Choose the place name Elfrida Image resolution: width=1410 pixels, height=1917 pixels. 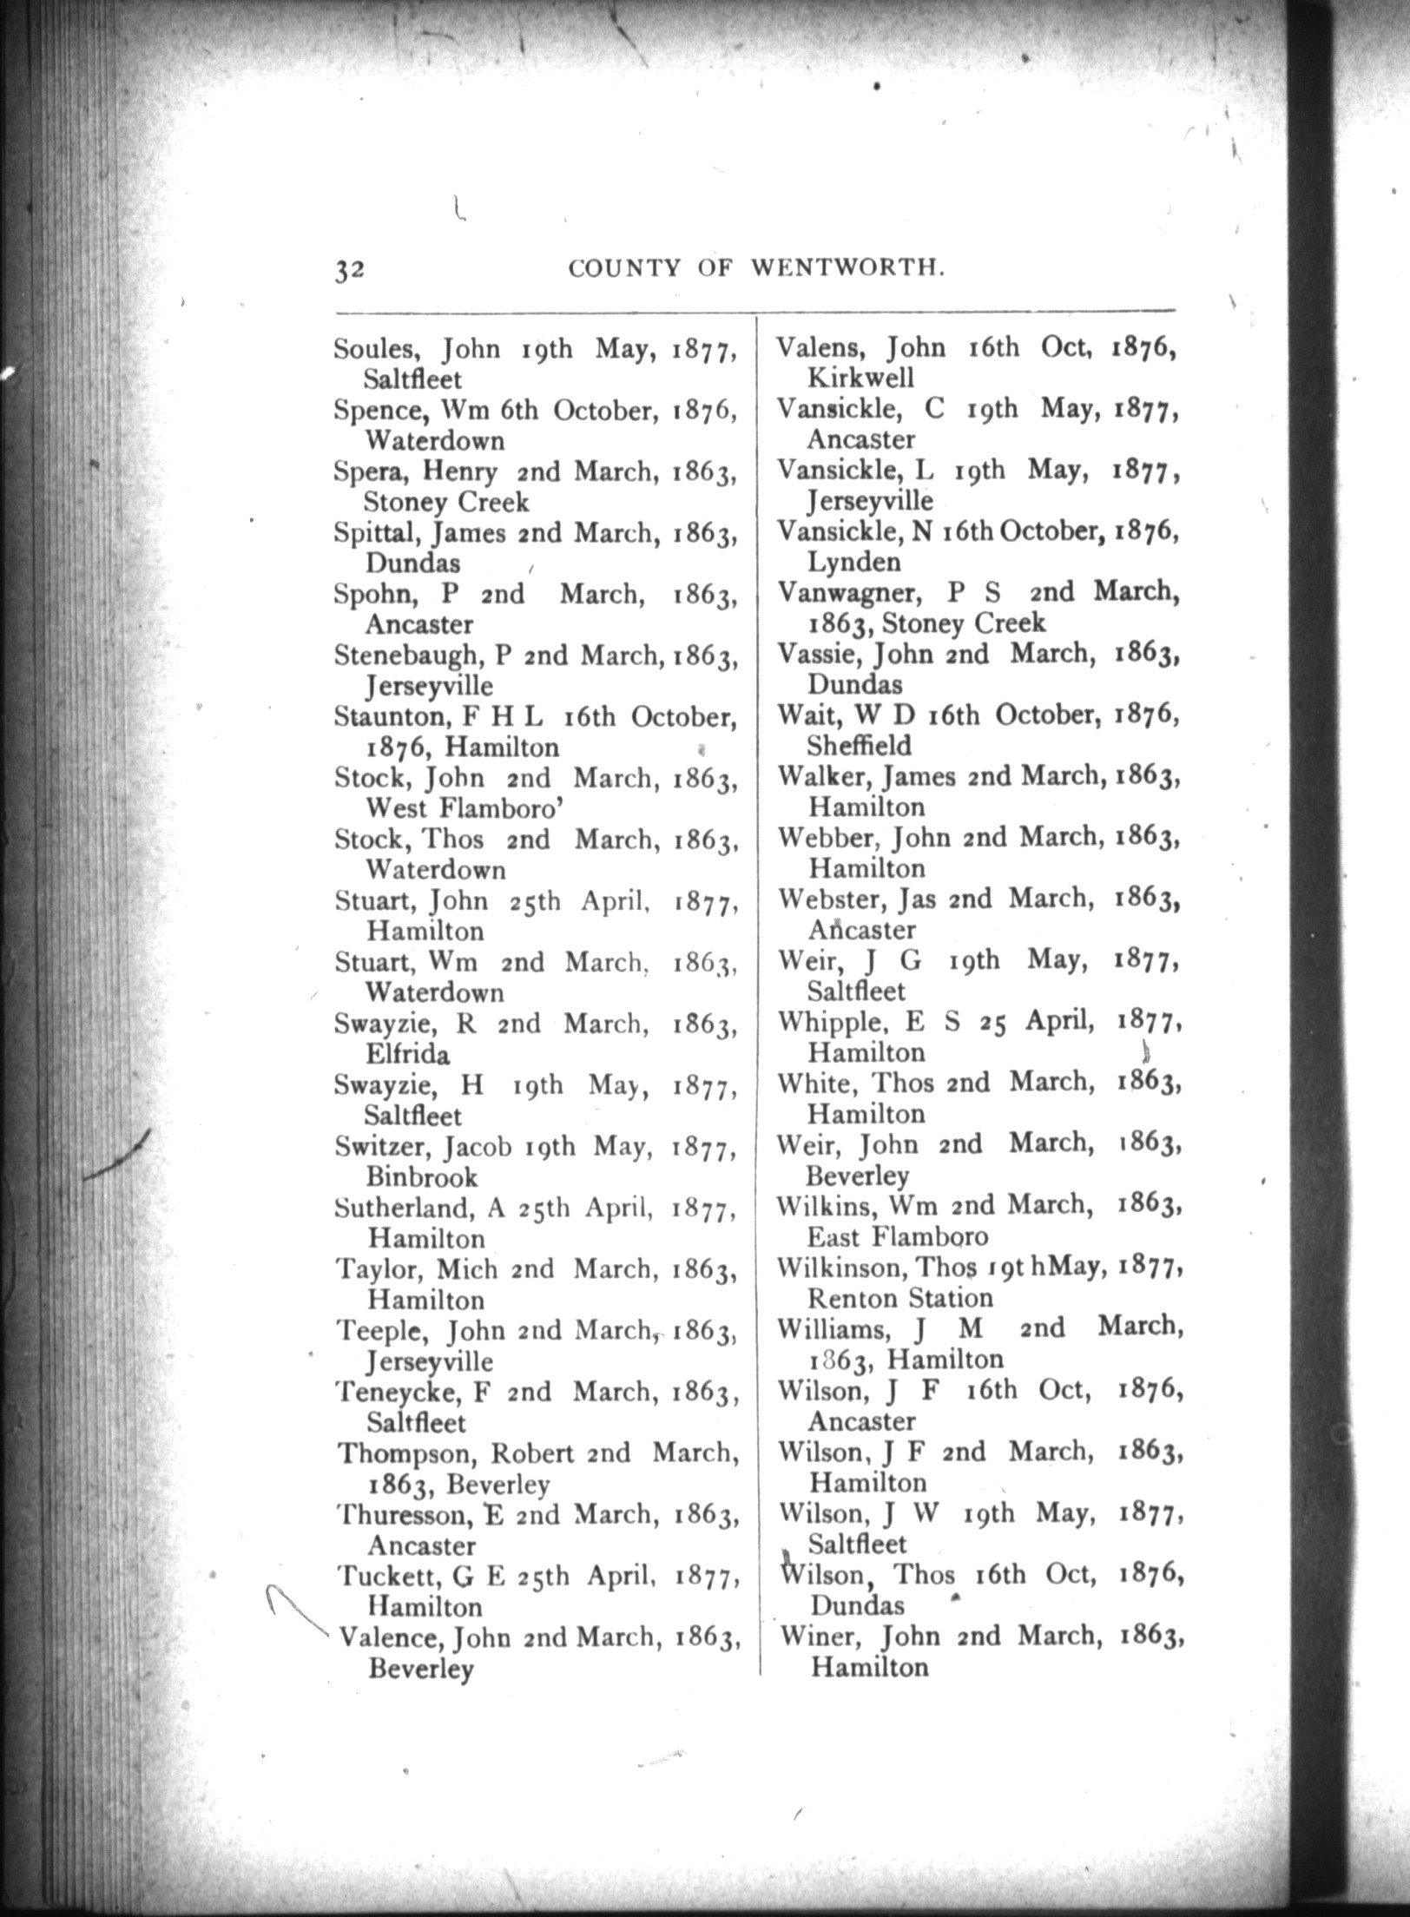[407, 1054]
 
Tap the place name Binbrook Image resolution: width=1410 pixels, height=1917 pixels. [422, 1177]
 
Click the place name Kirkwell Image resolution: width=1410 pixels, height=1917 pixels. [860, 379]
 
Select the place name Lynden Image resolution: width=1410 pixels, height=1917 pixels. [854, 563]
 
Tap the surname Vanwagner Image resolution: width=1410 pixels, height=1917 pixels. [840, 593]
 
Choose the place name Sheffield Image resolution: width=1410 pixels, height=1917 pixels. [859, 746]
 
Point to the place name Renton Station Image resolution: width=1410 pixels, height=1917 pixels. [899, 1298]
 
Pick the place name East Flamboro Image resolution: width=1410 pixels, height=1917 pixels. [897, 1236]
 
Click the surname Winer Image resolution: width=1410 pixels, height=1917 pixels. [820, 1637]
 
